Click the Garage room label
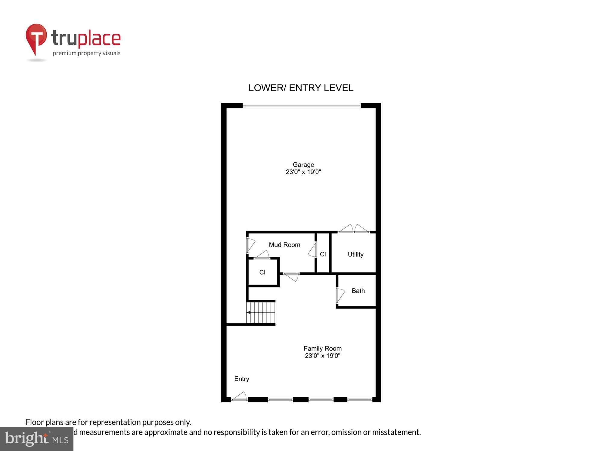[303, 164]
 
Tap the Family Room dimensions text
[322, 356]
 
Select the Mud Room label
[284, 245]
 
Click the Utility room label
[355, 254]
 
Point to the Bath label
[358, 291]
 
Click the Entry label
[241, 379]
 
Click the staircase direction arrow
[249, 312]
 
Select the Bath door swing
[340, 295]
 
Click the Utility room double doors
[354, 229]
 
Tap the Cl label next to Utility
[323, 254]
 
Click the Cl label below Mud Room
[262, 272]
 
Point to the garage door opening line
[302, 106]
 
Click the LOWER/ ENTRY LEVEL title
[301, 88]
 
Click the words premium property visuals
[87, 53]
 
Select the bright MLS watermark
[37, 439]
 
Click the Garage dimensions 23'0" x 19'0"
[303, 172]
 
